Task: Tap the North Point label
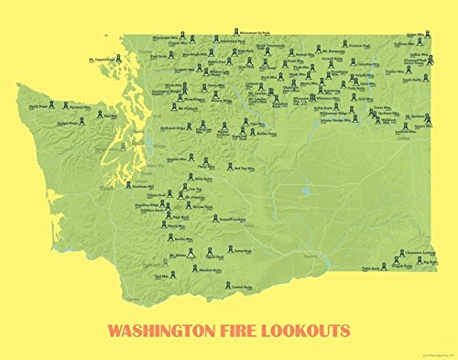[x=38, y=105]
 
